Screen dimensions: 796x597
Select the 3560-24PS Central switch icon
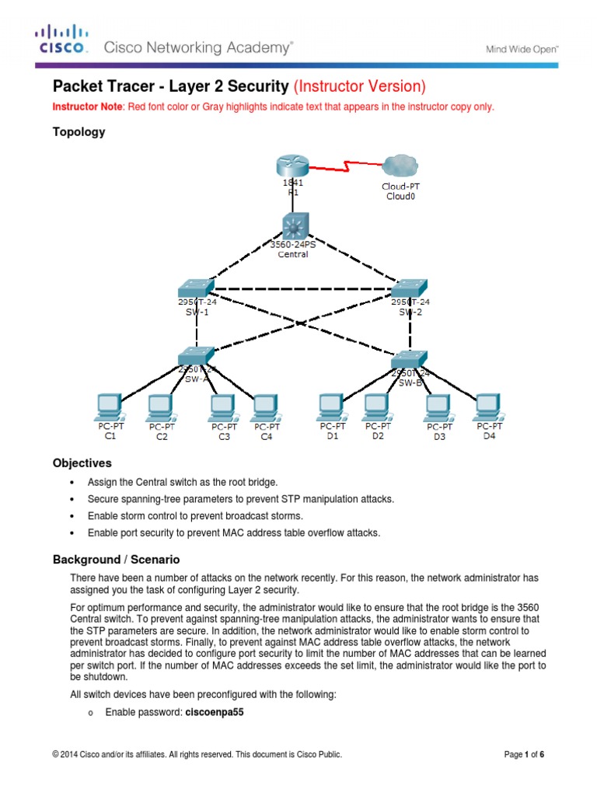(294, 226)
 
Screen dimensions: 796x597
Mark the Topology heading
(79, 132)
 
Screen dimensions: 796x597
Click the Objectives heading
(82, 463)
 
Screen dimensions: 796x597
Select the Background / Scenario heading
(116, 560)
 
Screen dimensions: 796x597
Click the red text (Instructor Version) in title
(358, 86)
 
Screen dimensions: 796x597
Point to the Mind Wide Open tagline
(522, 48)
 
